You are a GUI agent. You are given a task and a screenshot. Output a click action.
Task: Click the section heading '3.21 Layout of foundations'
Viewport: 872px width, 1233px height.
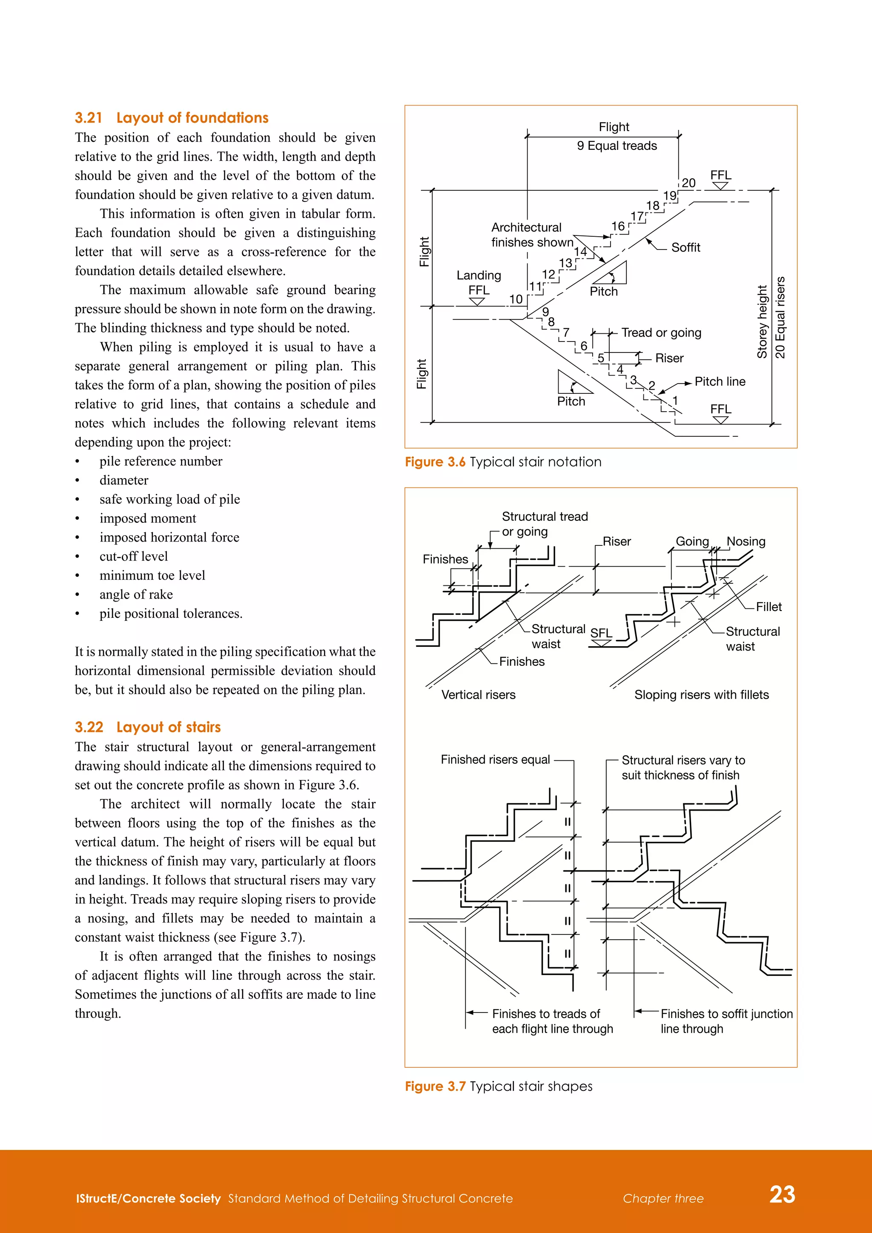click(x=171, y=118)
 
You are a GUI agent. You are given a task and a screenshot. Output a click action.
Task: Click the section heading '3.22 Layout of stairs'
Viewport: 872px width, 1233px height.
click(x=148, y=727)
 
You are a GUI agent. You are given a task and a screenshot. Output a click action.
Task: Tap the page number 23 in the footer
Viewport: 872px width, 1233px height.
click(x=782, y=1194)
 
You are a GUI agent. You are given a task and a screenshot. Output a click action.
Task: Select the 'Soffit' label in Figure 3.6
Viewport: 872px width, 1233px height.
click(x=685, y=247)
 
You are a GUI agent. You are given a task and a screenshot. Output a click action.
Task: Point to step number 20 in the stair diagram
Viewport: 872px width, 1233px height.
click(x=688, y=183)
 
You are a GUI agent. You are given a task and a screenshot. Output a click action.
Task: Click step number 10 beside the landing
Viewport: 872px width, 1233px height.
click(x=516, y=299)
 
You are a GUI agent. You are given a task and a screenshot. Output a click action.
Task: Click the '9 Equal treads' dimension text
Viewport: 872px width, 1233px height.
click(x=617, y=146)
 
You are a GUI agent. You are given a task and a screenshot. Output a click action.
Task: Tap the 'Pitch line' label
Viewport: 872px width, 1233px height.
click(x=720, y=382)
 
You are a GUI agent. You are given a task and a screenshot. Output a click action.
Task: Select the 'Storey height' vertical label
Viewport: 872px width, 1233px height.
click(x=761, y=322)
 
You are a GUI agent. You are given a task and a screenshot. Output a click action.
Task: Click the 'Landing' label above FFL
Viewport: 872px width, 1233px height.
click(x=479, y=275)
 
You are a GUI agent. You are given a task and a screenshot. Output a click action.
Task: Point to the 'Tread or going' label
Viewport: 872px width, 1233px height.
click(x=661, y=333)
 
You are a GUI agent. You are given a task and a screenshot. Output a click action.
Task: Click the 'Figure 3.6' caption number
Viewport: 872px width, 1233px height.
click(x=435, y=462)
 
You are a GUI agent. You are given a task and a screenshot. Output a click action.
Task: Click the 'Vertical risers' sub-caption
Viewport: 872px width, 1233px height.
click(x=478, y=695)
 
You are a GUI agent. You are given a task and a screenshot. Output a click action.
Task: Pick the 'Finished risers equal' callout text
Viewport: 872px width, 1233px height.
click(x=495, y=760)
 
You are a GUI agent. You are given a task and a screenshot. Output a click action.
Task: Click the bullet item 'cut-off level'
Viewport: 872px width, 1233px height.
click(x=133, y=556)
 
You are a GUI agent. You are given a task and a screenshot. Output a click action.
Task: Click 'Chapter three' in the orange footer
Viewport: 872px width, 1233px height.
click(x=663, y=1199)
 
